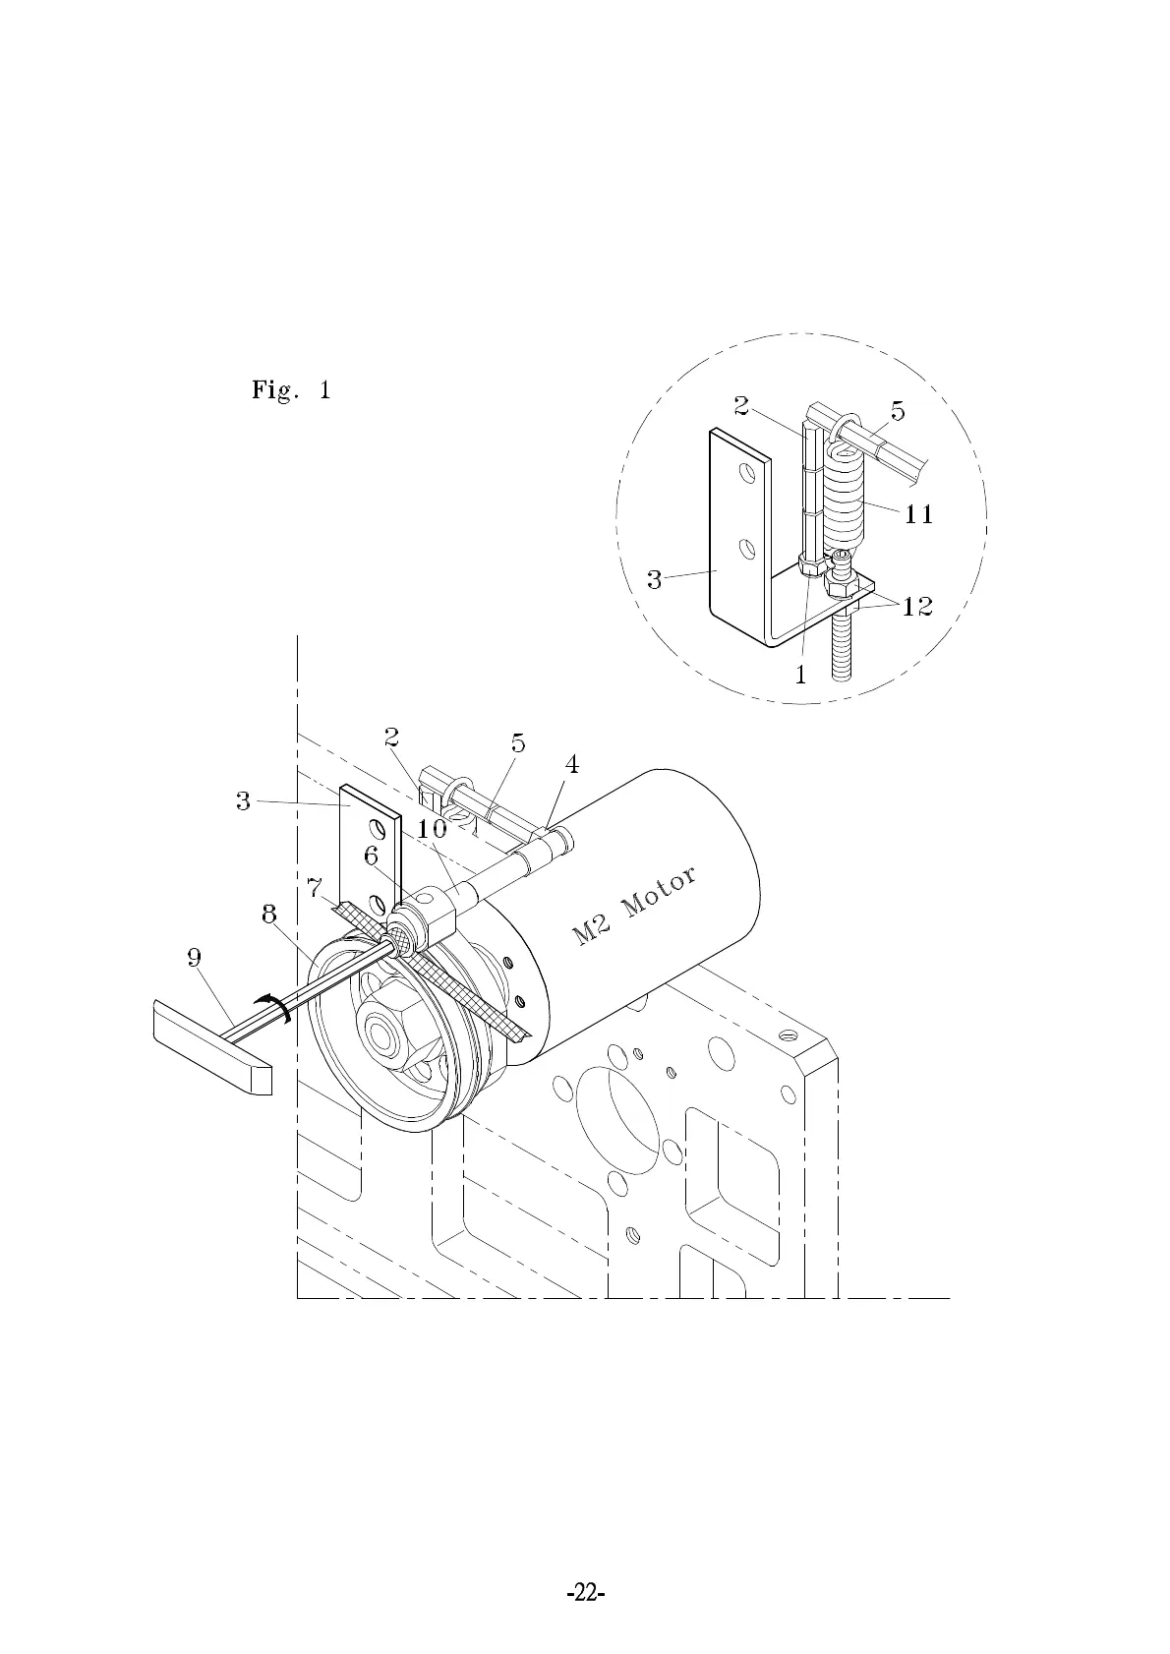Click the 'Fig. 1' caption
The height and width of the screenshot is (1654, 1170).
tap(291, 390)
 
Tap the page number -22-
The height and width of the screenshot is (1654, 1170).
tap(585, 1592)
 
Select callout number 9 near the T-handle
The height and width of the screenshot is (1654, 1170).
tap(195, 956)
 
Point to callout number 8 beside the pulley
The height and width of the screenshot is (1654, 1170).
tap(268, 915)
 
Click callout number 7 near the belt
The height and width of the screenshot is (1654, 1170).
tap(314, 889)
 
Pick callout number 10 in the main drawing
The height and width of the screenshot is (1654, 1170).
tap(431, 828)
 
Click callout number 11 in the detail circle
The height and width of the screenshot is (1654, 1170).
tap(918, 513)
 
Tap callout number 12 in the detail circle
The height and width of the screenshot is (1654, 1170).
tap(916, 607)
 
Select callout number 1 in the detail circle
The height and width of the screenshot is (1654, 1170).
tap(800, 675)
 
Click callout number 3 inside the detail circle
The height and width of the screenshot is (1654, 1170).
tap(655, 580)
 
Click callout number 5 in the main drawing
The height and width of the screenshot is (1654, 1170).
tap(518, 744)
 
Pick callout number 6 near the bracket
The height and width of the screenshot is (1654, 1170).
tap(371, 856)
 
